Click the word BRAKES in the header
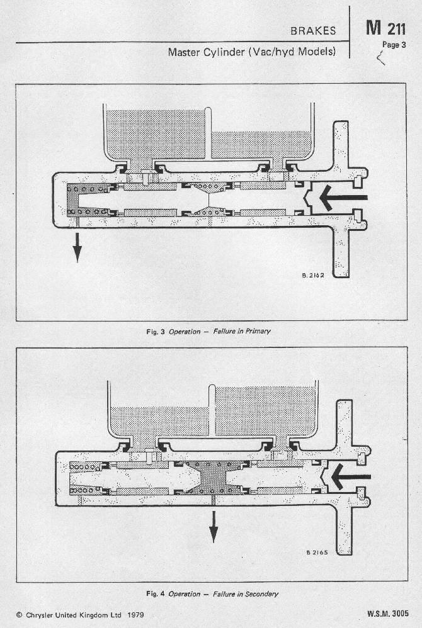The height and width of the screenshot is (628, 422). pos(313,31)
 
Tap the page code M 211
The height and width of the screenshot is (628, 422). pos(385,28)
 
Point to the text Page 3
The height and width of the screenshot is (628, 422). pos(394,45)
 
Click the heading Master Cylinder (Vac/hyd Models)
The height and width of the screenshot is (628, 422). pos(252,52)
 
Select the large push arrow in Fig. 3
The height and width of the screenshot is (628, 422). pos(343,198)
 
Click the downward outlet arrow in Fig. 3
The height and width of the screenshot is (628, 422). pos(77,247)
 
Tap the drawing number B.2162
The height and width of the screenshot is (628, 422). pos(313,275)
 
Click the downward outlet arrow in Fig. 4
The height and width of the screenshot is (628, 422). pos(214,527)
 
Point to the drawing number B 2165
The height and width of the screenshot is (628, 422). pos(317,552)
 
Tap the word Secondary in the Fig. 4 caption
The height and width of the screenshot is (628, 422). pos(261,594)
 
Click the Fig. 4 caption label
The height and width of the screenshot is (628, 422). pos(156,594)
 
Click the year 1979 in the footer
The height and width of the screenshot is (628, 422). pos(135,615)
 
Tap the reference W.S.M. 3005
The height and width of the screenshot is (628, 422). pos(387,614)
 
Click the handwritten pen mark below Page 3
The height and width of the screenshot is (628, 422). pos(380,59)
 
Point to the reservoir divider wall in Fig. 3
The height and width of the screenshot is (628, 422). pos(208,133)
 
